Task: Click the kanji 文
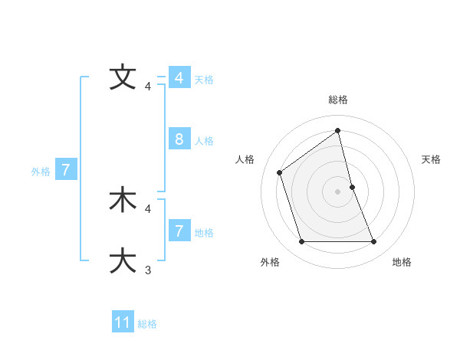coord(123,77)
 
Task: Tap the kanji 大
coord(123,260)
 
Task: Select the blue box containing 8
coord(179,139)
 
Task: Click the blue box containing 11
coord(123,322)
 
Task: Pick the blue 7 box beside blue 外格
coord(66,170)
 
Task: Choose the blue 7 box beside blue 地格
coord(179,231)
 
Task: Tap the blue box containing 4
coord(179,78)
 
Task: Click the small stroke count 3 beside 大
coord(148,270)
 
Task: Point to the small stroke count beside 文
coord(148,86)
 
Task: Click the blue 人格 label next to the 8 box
coord(204,141)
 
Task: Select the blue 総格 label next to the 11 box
coord(147,324)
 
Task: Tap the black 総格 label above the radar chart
coord(338,100)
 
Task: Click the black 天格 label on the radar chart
coord(432,159)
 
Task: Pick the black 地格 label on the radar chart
coord(402,262)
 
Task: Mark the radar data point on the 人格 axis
coord(280,172)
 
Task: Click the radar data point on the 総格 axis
coord(338,130)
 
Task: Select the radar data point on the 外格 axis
coord(301,242)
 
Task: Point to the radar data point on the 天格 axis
coord(352,187)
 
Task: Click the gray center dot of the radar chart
coord(338,191)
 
